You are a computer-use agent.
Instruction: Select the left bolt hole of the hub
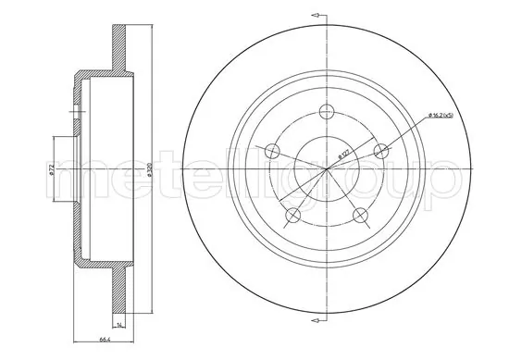click(x=269, y=152)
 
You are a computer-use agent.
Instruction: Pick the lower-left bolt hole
click(x=292, y=216)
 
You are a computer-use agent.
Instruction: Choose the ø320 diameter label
click(x=149, y=170)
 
